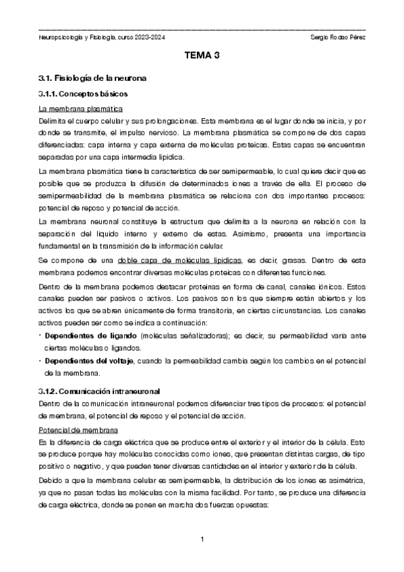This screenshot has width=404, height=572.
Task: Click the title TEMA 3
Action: (x=202, y=57)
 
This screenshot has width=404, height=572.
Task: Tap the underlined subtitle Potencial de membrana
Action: (x=78, y=429)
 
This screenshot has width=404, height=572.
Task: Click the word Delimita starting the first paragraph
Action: (x=53, y=121)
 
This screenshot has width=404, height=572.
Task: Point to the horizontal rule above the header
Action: (x=202, y=30)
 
